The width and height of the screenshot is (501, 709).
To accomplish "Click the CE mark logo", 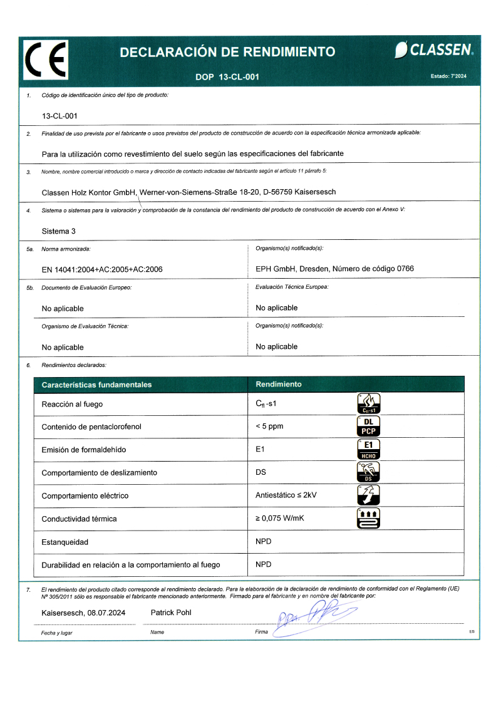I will pyautogui.click(x=46, y=60).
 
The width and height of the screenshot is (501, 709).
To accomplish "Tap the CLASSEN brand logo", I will pyautogui.click(x=434, y=50).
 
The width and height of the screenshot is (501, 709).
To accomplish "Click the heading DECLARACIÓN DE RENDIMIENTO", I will pyautogui.click(x=227, y=52).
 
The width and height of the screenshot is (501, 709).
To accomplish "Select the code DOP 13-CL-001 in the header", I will pyautogui.click(x=227, y=77).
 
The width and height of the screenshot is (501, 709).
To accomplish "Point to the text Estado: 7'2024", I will pyautogui.click(x=448, y=76).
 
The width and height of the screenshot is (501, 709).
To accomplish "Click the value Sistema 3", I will pyautogui.click(x=58, y=231).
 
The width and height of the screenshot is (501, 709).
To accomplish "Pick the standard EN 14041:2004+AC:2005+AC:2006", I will pyautogui.click(x=102, y=269).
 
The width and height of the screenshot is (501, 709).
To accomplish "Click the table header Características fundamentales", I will pyautogui.click(x=96, y=385).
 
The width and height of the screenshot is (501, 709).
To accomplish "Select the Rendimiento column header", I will pyautogui.click(x=279, y=384).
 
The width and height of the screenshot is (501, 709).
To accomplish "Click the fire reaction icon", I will pyautogui.click(x=368, y=403).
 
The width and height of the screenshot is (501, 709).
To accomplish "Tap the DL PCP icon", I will pyautogui.click(x=368, y=426).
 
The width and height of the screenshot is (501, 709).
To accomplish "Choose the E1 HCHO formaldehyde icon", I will pyautogui.click(x=368, y=449).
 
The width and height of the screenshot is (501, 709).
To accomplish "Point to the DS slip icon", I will pyautogui.click(x=368, y=472).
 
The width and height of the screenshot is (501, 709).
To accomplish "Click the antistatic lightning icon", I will pyautogui.click(x=368, y=495).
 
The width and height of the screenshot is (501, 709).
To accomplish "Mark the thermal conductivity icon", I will pyautogui.click(x=368, y=518).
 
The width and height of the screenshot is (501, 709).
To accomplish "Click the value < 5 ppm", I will pyautogui.click(x=269, y=427).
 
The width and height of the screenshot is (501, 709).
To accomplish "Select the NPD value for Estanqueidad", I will pyautogui.click(x=264, y=541).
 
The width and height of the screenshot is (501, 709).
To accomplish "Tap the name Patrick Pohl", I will pyautogui.click(x=171, y=613).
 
